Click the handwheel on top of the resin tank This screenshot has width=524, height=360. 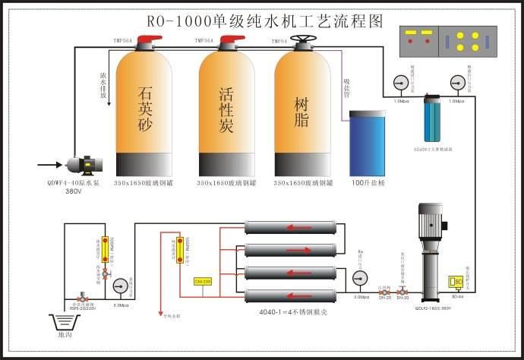[x=305, y=40]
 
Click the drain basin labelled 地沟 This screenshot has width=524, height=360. [x=65, y=321]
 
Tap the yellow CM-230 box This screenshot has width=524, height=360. [x=203, y=282]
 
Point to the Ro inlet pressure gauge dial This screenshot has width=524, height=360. [x=360, y=276]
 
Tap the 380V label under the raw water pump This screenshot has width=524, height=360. [x=74, y=191]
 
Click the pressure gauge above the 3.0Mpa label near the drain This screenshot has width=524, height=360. [x=119, y=287]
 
